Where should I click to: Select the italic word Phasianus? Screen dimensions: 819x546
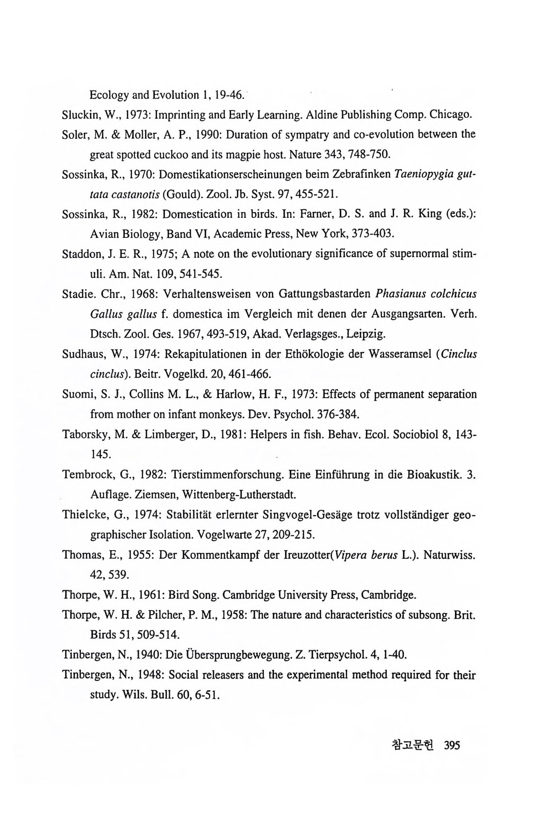400,293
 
